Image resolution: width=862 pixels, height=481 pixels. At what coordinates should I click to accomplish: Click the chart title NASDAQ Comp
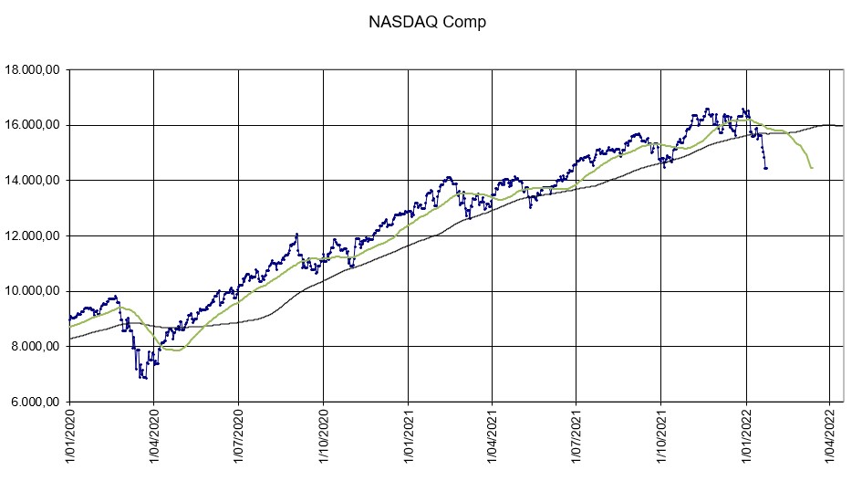coord(427,23)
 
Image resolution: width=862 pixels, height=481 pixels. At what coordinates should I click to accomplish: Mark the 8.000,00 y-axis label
coord(34,347)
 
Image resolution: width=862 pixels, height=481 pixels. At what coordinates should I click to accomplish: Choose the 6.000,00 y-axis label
coord(34,403)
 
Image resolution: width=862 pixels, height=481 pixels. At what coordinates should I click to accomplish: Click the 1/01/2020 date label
coord(69,439)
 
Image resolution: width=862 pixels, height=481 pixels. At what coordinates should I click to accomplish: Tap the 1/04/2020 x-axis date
coord(153,439)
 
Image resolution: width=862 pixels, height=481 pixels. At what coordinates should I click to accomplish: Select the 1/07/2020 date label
coord(238,439)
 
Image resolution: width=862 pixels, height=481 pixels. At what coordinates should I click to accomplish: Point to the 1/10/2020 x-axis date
coord(323,439)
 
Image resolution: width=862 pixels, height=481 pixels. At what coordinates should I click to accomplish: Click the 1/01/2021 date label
coord(407,439)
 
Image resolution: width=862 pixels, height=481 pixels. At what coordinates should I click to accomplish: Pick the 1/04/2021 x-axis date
coord(492,439)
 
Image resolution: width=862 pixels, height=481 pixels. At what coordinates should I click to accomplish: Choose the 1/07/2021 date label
coord(576,439)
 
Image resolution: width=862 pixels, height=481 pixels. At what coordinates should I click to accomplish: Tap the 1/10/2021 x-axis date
coord(660,439)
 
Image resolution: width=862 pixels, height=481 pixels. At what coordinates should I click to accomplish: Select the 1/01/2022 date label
coord(745,439)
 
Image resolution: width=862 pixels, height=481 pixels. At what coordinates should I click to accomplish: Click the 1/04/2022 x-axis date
coord(829,439)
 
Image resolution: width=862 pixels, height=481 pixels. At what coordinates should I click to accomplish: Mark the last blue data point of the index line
coord(766,168)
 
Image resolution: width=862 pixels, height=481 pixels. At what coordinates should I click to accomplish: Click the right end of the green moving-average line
coord(812,168)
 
